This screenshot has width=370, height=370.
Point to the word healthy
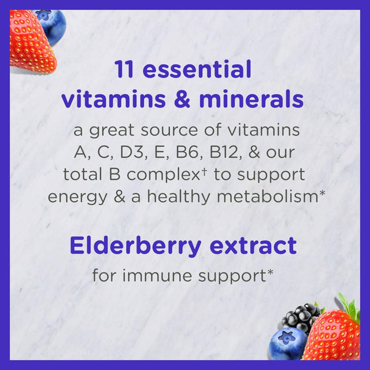coord(180,197)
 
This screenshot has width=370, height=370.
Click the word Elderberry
coord(133,246)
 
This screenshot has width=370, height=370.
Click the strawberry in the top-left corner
coord(29,43)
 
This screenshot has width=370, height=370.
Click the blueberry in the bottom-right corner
coord(287,343)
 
